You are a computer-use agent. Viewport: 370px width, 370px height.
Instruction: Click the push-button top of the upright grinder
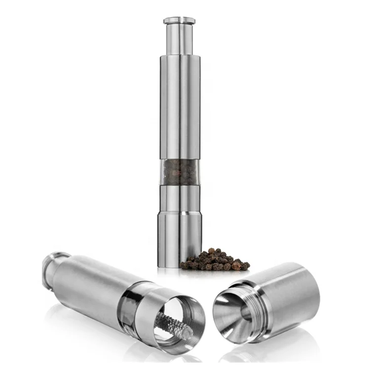pyautogui.click(x=179, y=20)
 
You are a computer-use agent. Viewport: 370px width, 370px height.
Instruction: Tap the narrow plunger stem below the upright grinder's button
pyautogui.click(x=179, y=39)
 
